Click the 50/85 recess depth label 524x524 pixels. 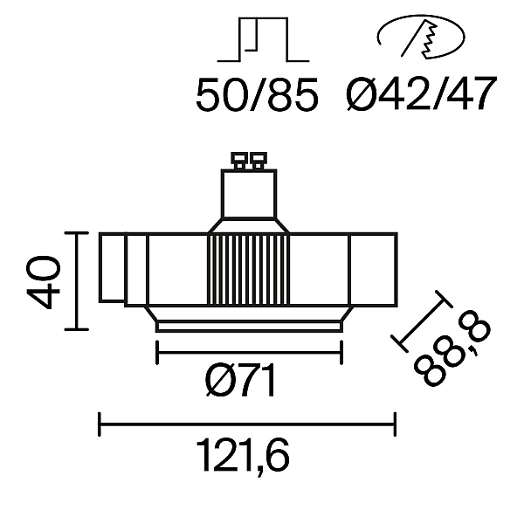[x=257, y=94]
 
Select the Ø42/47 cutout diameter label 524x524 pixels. [x=420, y=93]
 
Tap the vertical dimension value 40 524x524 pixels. [x=44, y=282]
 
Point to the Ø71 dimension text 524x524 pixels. [x=241, y=380]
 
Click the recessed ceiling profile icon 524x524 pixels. [x=264, y=40]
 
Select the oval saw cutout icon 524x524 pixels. [x=421, y=38]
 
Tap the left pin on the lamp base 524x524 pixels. [x=239, y=161]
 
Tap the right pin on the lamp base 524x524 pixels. [x=259, y=161]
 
